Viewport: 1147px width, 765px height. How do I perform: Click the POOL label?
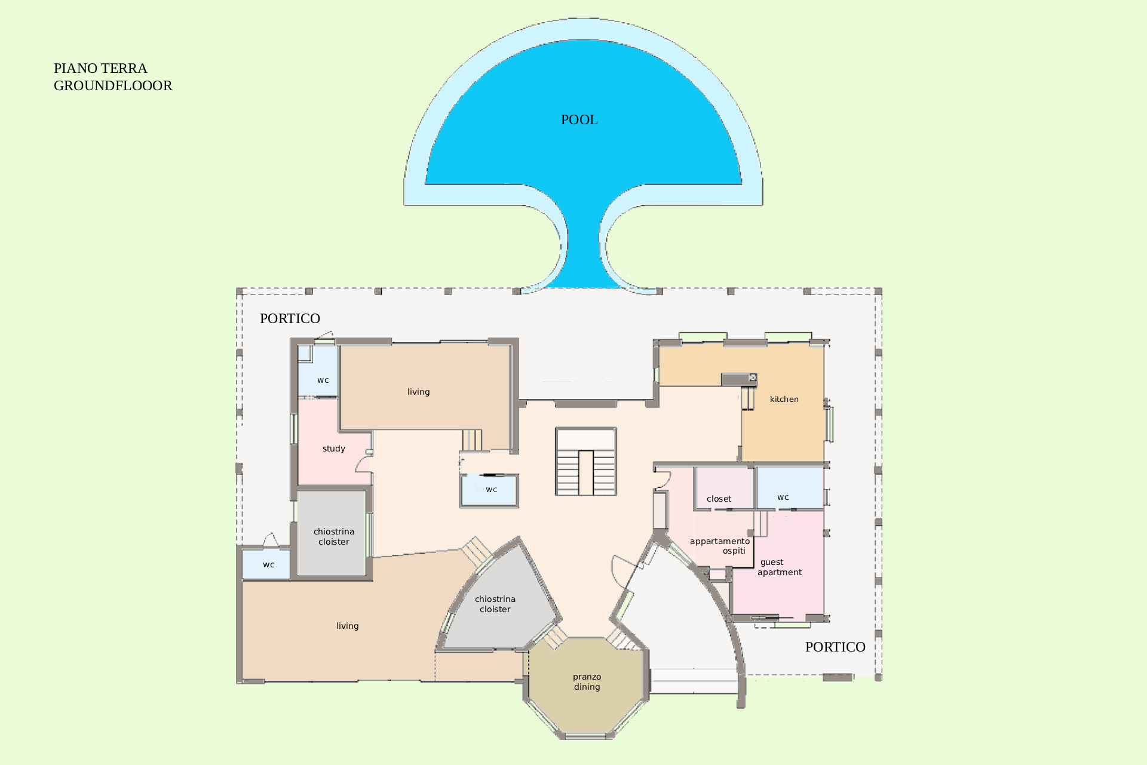579,120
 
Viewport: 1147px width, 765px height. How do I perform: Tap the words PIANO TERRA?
100,69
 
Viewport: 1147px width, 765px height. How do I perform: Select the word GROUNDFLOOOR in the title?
113,86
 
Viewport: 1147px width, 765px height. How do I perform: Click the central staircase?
585,461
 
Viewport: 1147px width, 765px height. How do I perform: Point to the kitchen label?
784,400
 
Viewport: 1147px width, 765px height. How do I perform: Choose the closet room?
723,488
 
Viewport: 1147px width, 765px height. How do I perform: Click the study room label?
333,449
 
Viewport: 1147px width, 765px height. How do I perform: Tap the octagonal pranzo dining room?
586,687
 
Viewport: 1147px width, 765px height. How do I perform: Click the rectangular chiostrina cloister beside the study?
332,533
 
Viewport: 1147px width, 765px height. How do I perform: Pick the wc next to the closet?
790,488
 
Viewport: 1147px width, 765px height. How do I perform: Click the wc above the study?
318,370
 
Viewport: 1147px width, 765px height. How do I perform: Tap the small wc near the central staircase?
489,490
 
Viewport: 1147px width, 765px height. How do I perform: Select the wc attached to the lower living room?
266,564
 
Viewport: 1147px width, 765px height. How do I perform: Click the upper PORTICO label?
290,319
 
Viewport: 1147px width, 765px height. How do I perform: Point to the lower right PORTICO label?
835,647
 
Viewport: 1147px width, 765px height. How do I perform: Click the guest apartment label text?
780,567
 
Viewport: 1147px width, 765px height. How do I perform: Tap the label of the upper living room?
418,392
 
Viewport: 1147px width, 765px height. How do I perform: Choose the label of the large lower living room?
347,626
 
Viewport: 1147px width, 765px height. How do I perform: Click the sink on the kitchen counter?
753,377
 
